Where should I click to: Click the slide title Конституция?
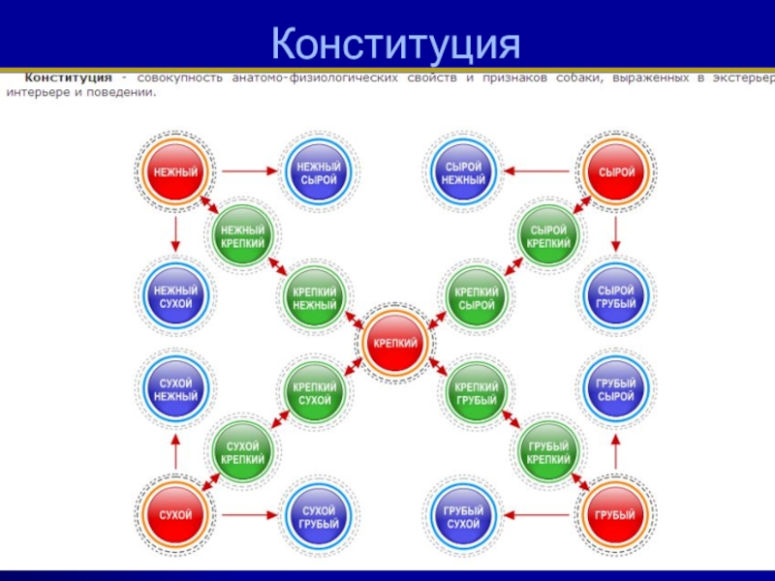pyautogui.click(x=395, y=43)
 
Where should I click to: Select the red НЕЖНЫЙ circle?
pyautogui.click(x=175, y=172)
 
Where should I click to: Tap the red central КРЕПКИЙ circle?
pyautogui.click(x=395, y=343)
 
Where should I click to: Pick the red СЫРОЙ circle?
pyautogui.click(x=617, y=172)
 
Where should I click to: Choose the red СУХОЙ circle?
pyautogui.click(x=175, y=514)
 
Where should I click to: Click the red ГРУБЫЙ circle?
pyautogui.click(x=617, y=514)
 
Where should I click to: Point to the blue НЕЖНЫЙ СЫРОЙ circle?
pyautogui.click(x=318, y=172)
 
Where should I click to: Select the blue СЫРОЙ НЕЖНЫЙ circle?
pyautogui.click(x=462, y=172)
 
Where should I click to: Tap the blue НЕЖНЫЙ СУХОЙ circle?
pyautogui.click(x=175, y=296)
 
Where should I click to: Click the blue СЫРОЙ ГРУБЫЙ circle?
pyautogui.click(x=617, y=296)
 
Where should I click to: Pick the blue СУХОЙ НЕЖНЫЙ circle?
pyautogui.click(x=175, y=389)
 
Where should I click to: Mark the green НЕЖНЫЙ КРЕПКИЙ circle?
pyautogui.click(x=242, y=235)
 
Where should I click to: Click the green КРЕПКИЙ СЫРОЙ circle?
pyautogui.click(x=476, y=297)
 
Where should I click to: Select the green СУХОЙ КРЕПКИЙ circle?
pyautogui.click(x=244, y=452)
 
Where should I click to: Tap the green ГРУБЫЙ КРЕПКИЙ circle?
pyautogui.click(x=548, y=452)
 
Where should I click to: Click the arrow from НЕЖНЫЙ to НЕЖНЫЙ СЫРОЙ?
pyautogui.click(x=248, y=172)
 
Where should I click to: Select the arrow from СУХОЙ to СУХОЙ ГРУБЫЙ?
pyautogui.click(x=248, y=514)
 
